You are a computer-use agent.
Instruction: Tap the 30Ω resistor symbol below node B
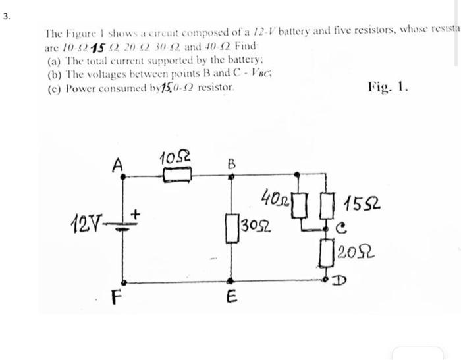pos(230,227)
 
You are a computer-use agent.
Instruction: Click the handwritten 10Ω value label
pos(173,159)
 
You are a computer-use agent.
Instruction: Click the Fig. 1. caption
pos(389,86)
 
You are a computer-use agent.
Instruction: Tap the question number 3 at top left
pos(6,14)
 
